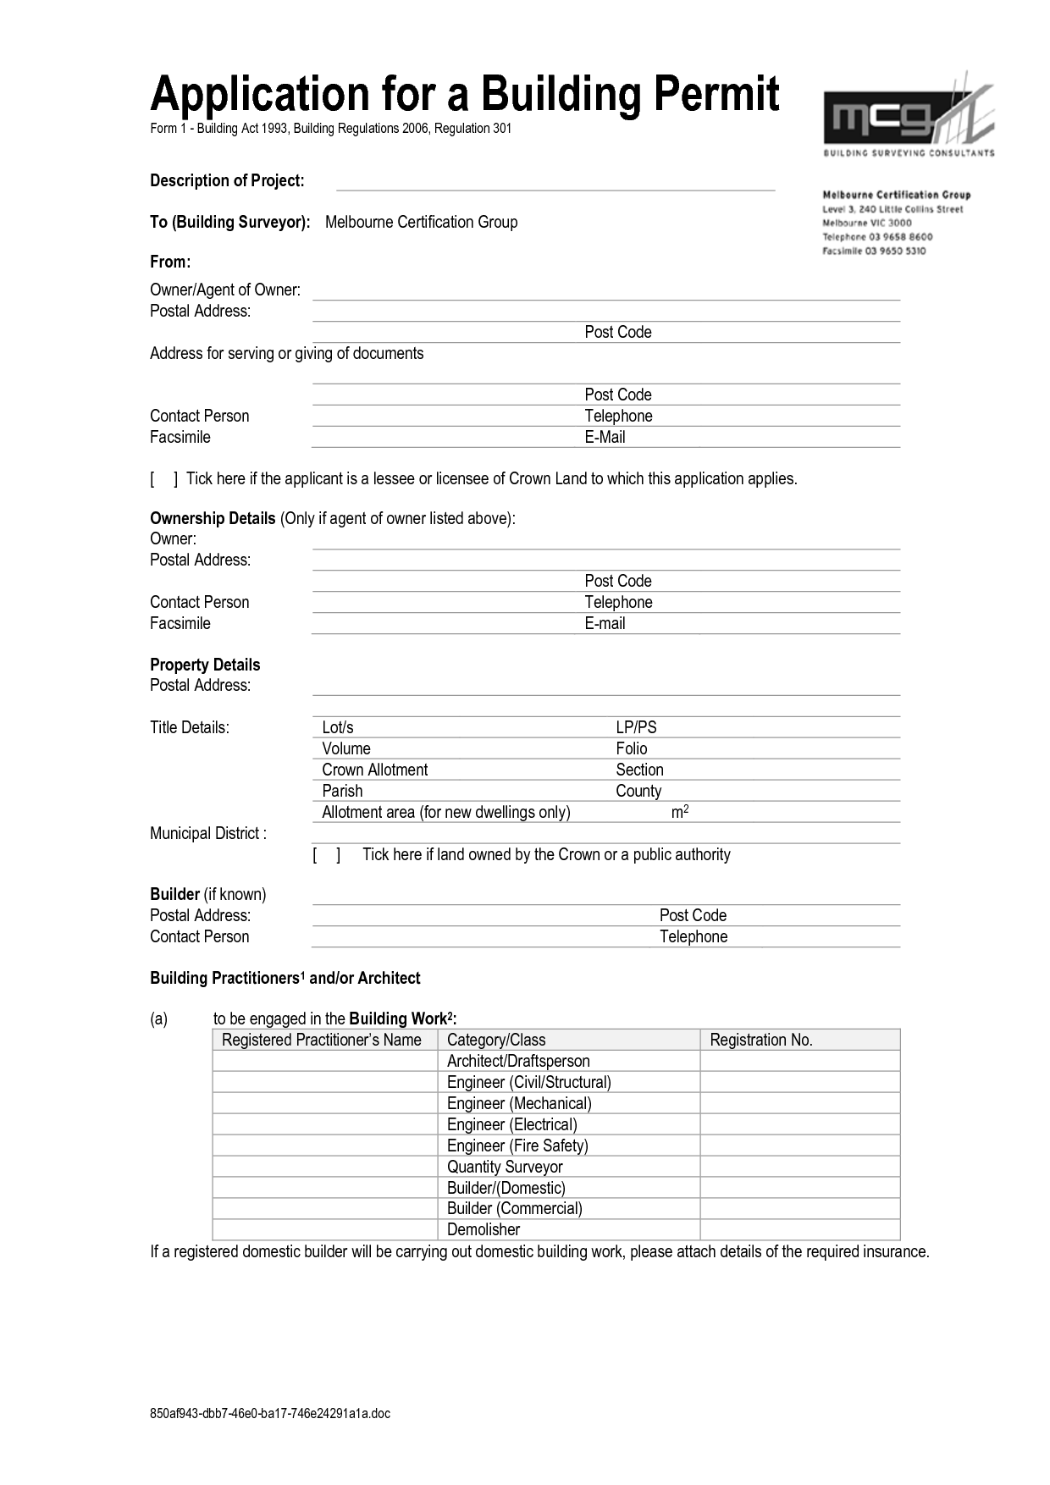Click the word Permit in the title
coord(716,94)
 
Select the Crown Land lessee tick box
coord(164,479)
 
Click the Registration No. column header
coord(760,1041)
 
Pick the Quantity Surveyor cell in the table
coord(505,1167)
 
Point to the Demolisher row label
coord(484,1230)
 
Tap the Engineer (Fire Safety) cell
coord(517,1145)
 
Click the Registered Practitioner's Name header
coord(322,1041)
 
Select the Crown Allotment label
coord(374,770)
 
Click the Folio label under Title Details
coord(631,748)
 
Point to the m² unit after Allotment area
coord(680,812)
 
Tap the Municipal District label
coord(208,833)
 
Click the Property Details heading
coord(205,665)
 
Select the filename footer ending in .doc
coord(270,1413)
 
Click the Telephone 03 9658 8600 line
coord(877,237)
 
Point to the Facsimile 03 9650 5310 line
coord(874,251)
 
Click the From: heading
coord(169,262)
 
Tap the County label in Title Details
coord(638,791)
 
